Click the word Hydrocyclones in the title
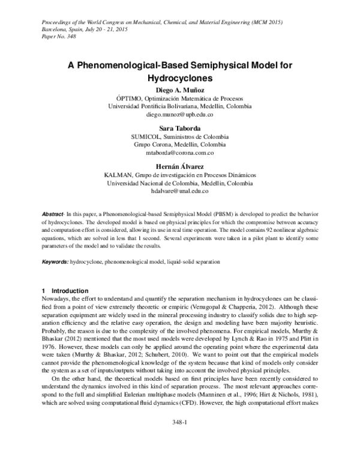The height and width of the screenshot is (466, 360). click(x=180, y=78)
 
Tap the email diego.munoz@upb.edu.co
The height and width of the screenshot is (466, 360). click(x=180, y=113)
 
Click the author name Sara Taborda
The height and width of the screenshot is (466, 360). click(x=180, y=129)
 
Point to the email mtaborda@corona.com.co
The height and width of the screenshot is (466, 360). click(x=180, y=153)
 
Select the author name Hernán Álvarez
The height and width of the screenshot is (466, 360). click(x=180, y=166)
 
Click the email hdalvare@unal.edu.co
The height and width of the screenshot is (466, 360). click(x=180, y=190)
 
